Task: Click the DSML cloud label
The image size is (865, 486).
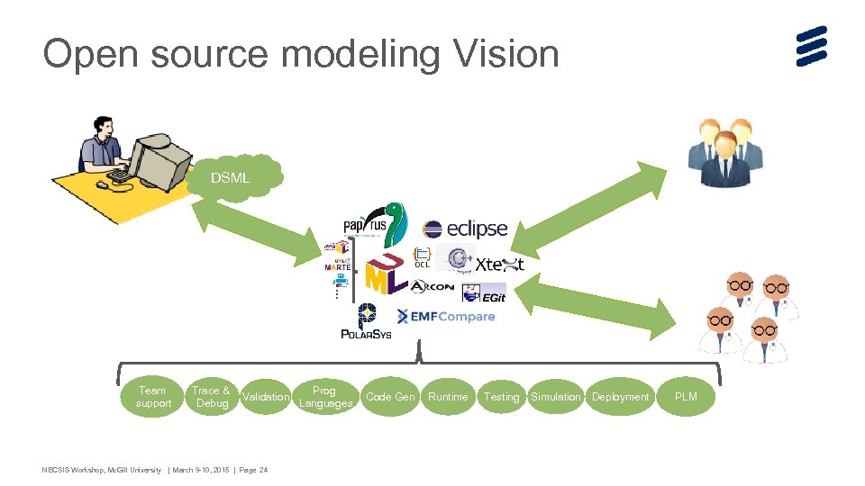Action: point(231,178)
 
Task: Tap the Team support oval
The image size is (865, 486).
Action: point(152,397)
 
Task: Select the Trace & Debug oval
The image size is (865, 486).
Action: point(211,397)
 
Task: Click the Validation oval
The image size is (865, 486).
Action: point(267,397)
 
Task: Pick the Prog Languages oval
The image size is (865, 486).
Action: point(324,397)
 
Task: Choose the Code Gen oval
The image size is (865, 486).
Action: point(390,397)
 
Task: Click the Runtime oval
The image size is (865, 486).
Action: point(448,397)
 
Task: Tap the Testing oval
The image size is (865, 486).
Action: point(501,397)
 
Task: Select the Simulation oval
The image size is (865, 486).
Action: point(555,397)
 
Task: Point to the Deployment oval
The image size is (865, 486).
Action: point(620,397)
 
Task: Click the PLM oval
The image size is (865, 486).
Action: point(686,397)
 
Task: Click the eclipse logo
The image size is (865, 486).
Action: point(465,229)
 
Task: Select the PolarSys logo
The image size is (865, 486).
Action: point(366,322)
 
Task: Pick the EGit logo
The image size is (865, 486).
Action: point(484,293)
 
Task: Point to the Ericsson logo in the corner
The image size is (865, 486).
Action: point(811,46)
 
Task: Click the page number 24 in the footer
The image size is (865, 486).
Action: point(263,470)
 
